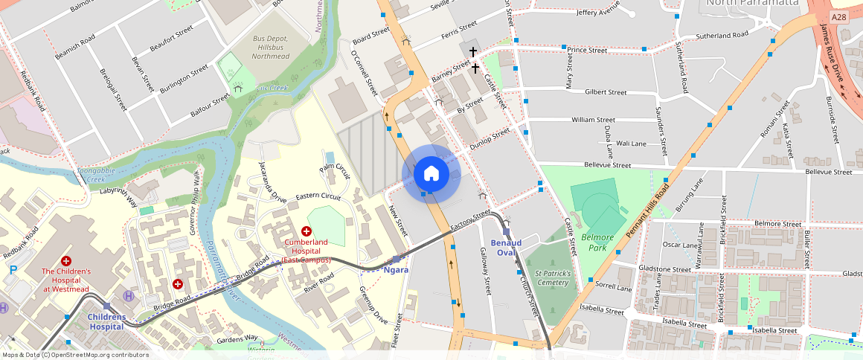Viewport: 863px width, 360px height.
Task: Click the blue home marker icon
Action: pos(431,174)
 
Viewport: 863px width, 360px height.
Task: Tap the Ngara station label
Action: pos(396,269)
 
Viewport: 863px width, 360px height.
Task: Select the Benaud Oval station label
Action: pos(506,248)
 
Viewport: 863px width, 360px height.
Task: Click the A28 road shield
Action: pos(838,17)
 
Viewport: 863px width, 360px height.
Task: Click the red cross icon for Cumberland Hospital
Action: pos(306,231)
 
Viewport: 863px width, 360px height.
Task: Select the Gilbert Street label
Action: pos(606,92)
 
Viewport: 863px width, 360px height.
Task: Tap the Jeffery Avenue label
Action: pos(597,13)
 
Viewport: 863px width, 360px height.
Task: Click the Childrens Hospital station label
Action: pos(105,321)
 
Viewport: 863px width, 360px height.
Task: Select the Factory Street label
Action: pos(470,219)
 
